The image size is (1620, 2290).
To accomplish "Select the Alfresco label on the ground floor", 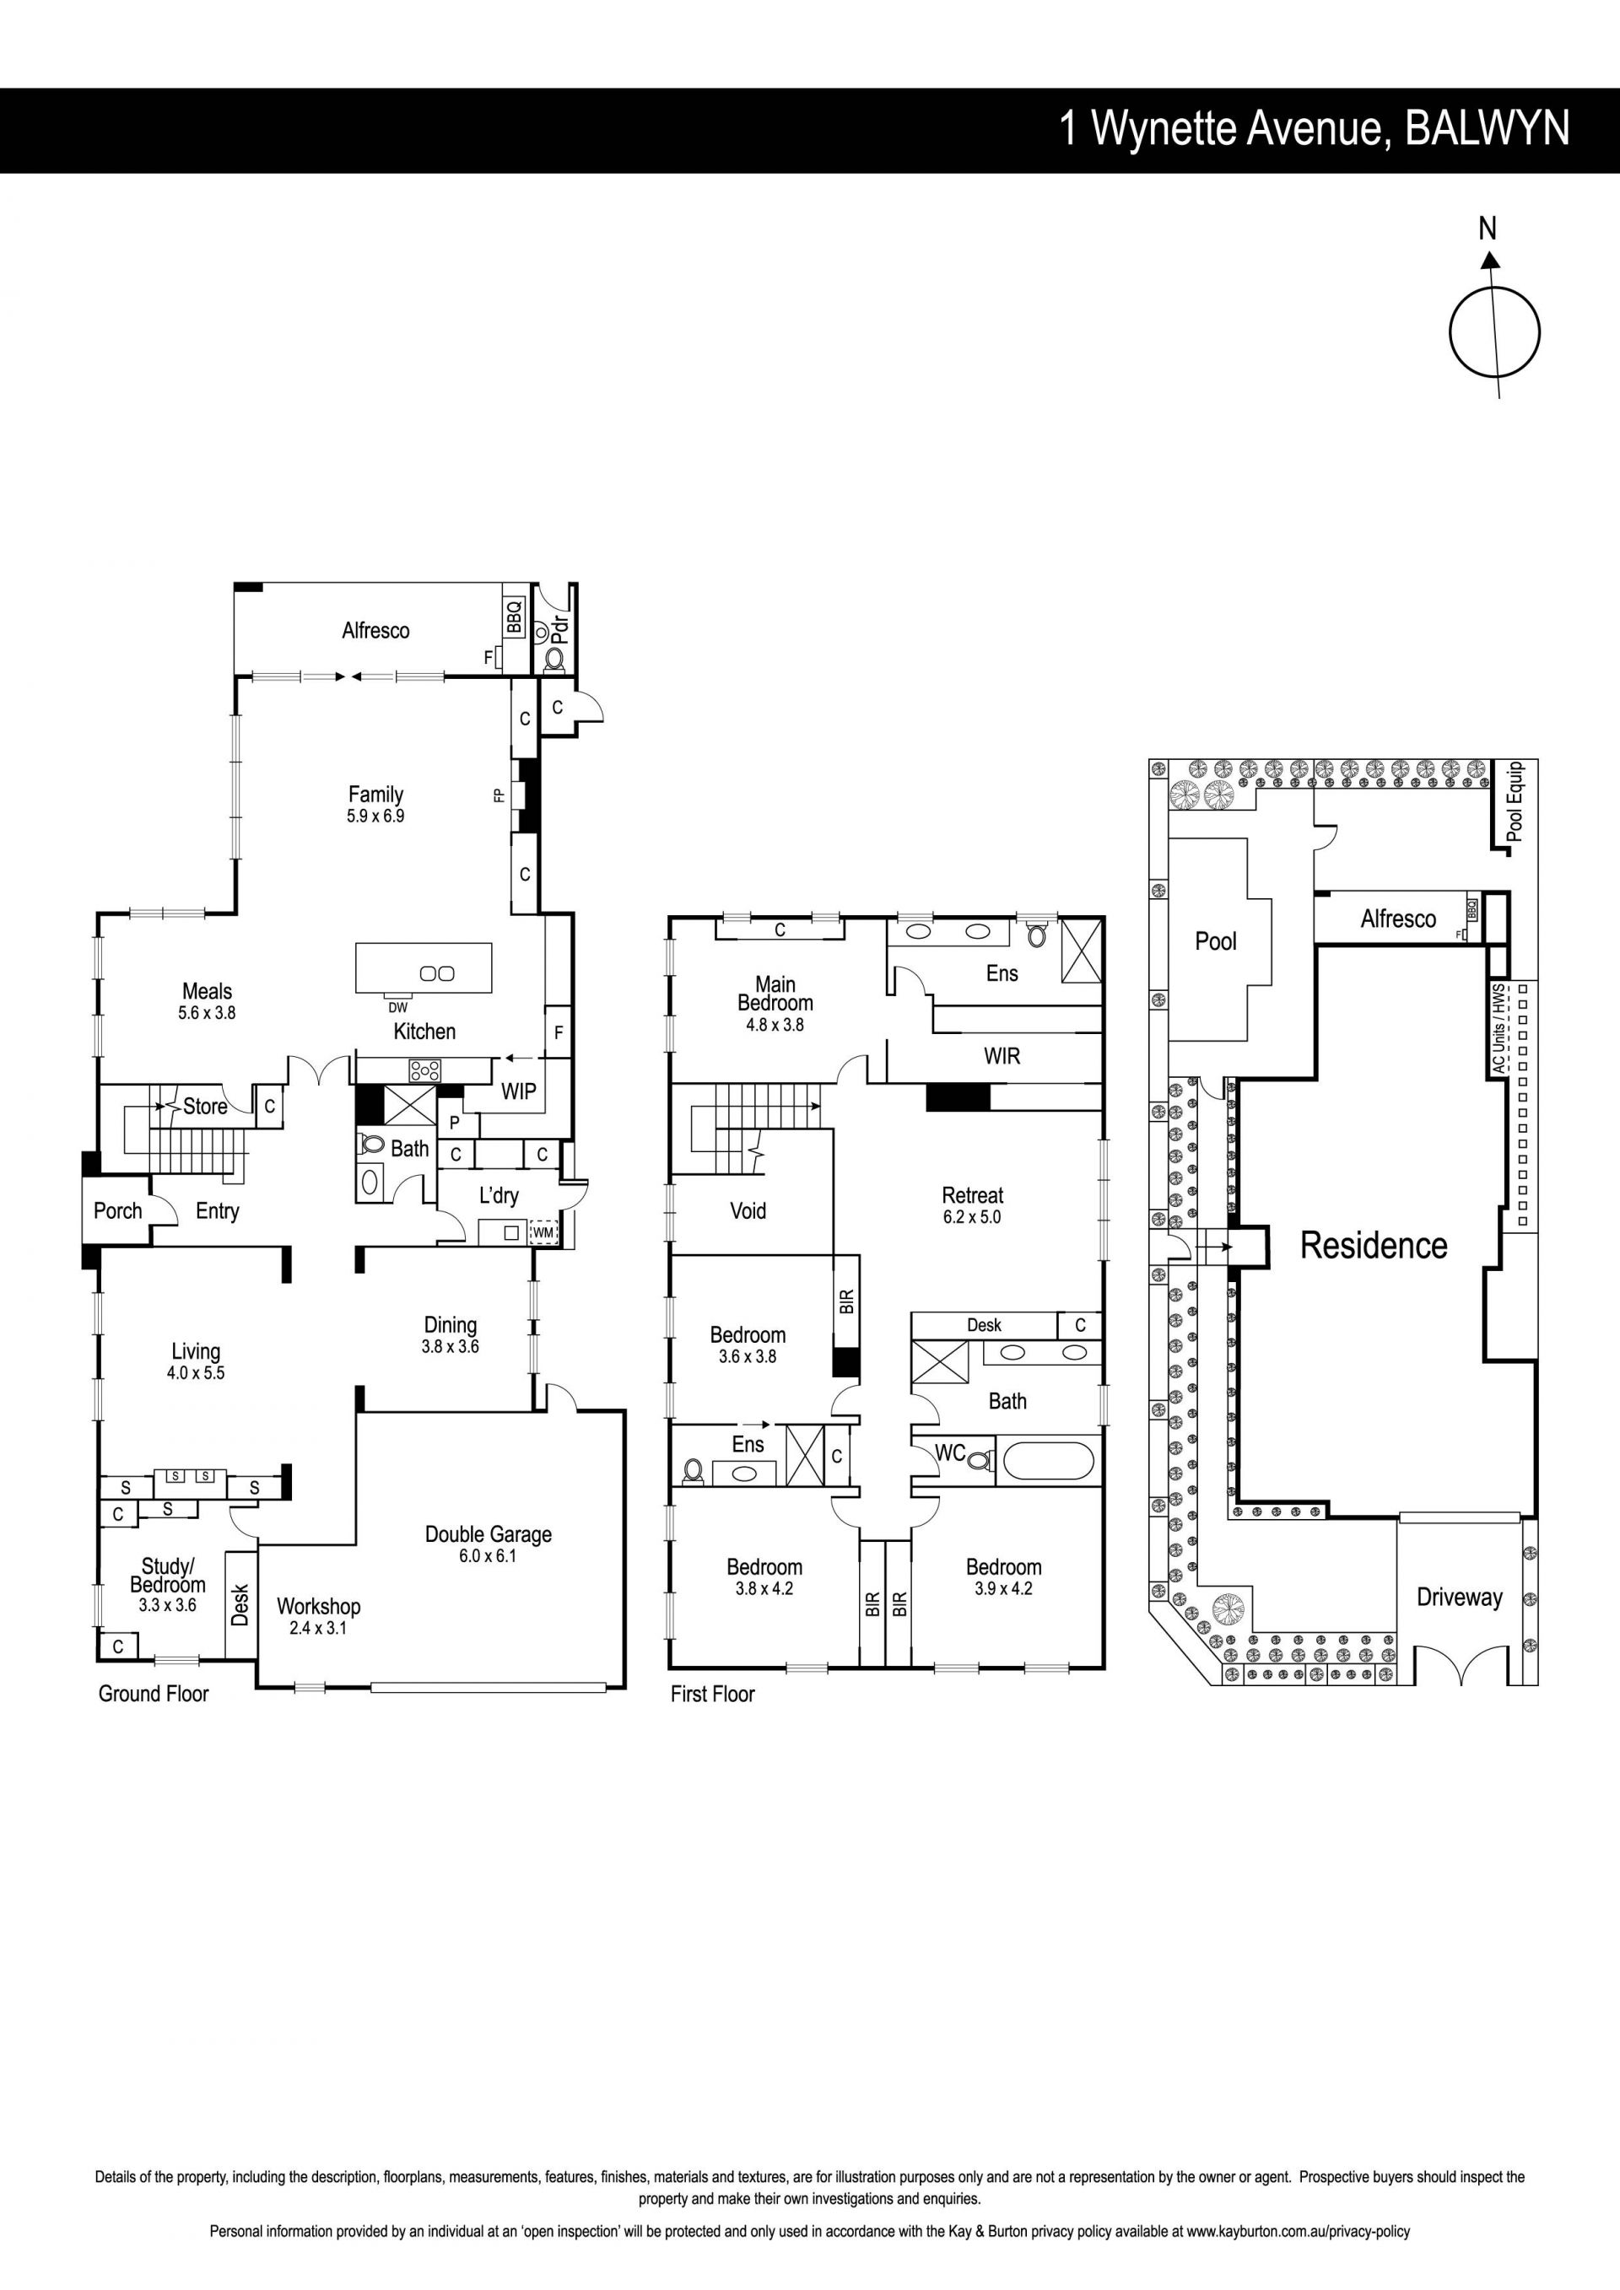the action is point(375,630).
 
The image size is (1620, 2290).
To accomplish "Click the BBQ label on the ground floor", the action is point(515,617).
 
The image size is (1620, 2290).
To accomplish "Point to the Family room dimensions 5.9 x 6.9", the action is point(376,816).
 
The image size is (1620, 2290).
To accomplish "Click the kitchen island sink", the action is point(437,973).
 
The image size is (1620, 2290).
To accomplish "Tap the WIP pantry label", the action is point(519,1091).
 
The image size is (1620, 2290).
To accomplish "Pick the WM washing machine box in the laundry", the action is point(543,1233).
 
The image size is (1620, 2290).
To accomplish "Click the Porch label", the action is point(118,1211).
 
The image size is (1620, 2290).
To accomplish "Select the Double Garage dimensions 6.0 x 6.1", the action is point(489,1556).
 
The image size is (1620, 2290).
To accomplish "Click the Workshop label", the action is point(318,1606).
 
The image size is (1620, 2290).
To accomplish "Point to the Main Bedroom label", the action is point(775,994).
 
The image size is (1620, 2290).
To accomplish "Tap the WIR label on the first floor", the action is point(1002,1056).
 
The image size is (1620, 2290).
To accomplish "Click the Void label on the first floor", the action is point(748,1211).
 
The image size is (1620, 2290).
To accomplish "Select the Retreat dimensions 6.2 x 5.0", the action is point(973,1217).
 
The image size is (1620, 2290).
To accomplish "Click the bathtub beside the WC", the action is point(1049,1460).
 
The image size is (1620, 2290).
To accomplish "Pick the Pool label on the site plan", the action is point(1215,940).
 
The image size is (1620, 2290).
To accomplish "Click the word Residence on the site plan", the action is point(1374,1245).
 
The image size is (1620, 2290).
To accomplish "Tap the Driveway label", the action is point(1460,1598).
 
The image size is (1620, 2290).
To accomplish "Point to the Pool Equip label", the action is point(1515,801).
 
